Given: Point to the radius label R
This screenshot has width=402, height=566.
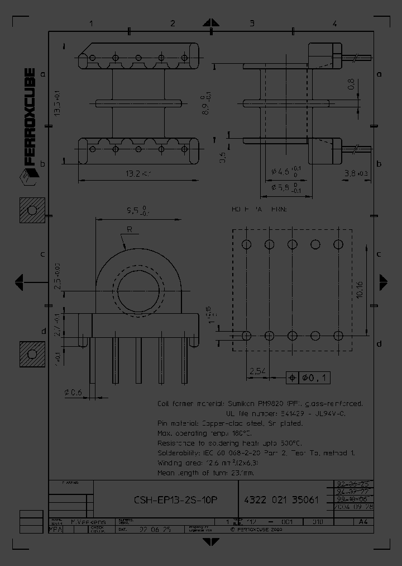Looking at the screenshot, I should pyautogui.click(x=129, y=229).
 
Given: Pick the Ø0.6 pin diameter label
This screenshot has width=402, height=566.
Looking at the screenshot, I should pyautogui.click(x=73, y=393).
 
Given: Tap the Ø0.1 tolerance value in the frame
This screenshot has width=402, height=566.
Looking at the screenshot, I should pyautogui.click(x=316, y=378).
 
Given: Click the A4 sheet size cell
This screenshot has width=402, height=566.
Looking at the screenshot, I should pyautogui.click(x=362, y=522).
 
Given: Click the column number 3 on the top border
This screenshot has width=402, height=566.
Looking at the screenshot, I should pyautogui.click(x=252, y=23).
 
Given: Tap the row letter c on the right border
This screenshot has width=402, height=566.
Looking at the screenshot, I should pyautogui.click(x=379, y=254).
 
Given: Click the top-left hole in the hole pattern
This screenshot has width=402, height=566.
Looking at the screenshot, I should pyautogui.click(x=247, y=244).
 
